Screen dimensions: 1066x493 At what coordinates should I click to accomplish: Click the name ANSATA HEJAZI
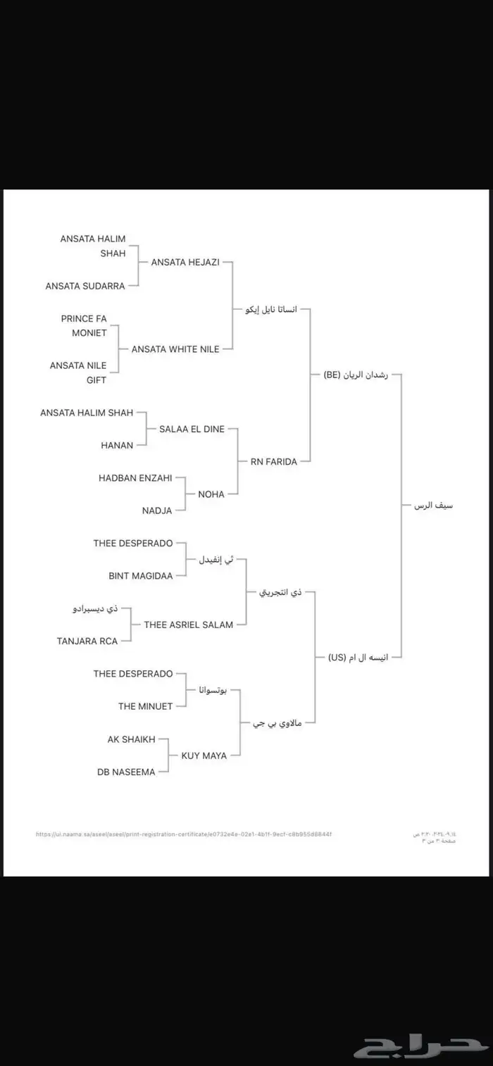(186, 262)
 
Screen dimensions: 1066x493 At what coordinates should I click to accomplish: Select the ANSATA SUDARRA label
(85, 286)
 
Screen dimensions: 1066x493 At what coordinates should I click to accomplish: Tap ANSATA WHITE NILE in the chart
(175, 349)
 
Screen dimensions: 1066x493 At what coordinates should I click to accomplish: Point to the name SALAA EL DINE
(192, 429)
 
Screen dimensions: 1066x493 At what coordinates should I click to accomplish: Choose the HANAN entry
(117, 445)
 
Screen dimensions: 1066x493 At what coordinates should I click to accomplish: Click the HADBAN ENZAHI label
(135, 478)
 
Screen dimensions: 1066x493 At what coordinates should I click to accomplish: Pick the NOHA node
(211, 494)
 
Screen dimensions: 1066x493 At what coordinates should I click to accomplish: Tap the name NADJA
(157, 510)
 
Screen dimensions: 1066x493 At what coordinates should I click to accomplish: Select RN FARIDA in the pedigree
(274, 462)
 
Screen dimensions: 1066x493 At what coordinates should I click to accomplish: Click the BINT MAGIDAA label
(141, 575)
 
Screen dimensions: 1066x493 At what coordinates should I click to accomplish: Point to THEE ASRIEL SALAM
(189, 625)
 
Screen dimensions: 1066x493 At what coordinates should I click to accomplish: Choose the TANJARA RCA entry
(87, 641)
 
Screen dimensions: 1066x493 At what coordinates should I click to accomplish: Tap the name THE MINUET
(146, 706)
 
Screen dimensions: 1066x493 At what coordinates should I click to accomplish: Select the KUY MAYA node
(204, 755)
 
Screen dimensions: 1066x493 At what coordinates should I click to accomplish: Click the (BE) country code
(332, 375)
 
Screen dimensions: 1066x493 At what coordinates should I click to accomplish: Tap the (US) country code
(337, 657)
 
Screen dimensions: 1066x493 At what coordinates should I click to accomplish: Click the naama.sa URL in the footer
(184, 834)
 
